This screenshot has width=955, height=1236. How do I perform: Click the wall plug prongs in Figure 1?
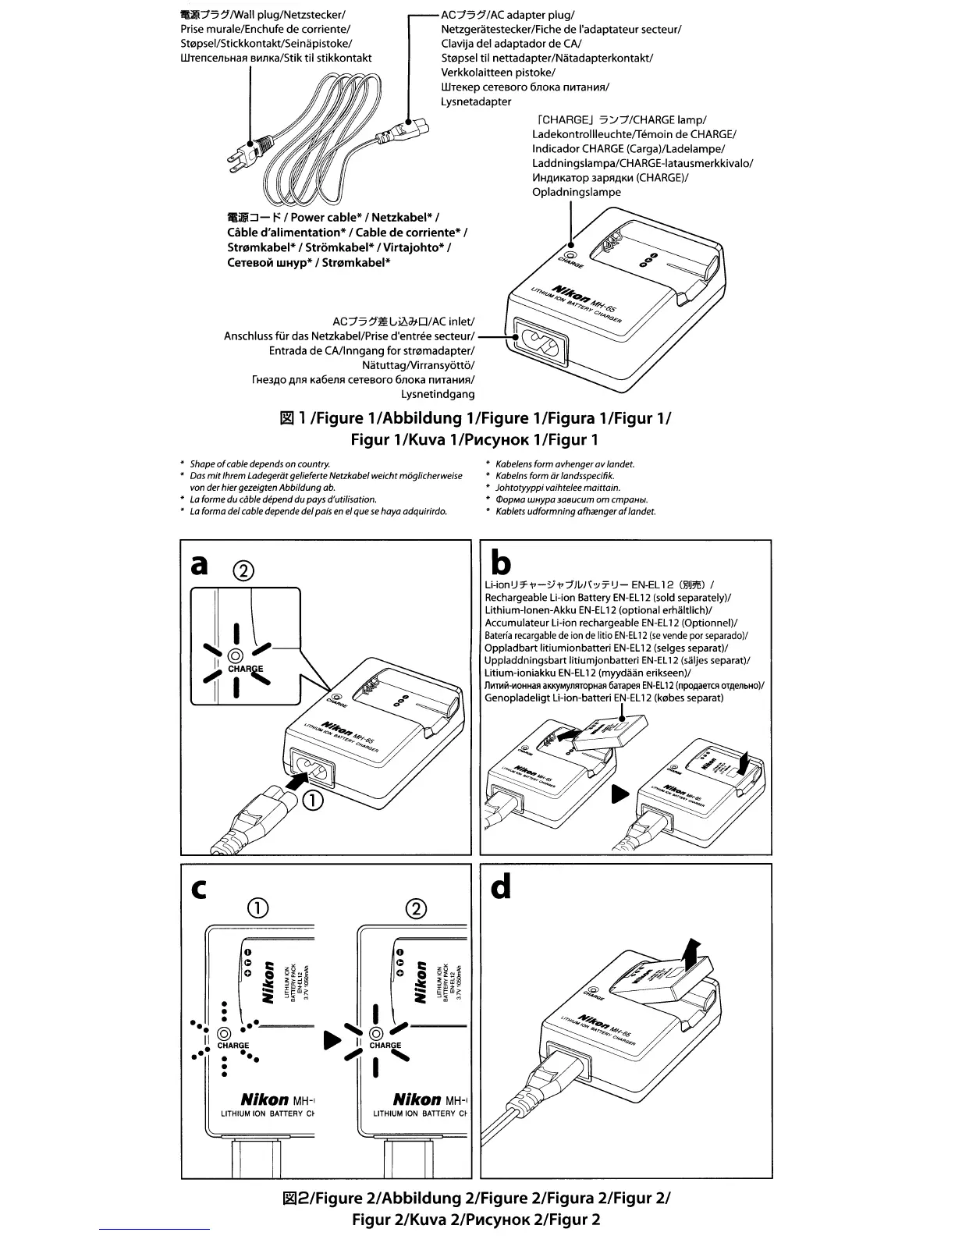click(x=234, y=159)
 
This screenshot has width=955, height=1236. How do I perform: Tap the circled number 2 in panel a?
click(x=243, y=572)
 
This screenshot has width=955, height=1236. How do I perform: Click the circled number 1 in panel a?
click(x=312, y=801)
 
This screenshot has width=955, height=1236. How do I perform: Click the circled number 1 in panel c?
click(x=258, y=908)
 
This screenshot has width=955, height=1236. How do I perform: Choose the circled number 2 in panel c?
click(x=417, y=908)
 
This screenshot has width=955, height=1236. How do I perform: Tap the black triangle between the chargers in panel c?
click(x=332, y=1040)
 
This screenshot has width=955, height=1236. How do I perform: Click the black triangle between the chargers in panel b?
click(x=620, y=794)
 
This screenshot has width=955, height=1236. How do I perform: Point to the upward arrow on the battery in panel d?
click(x=690, y=953)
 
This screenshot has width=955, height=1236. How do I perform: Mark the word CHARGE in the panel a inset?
click(x=245, y=669)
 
